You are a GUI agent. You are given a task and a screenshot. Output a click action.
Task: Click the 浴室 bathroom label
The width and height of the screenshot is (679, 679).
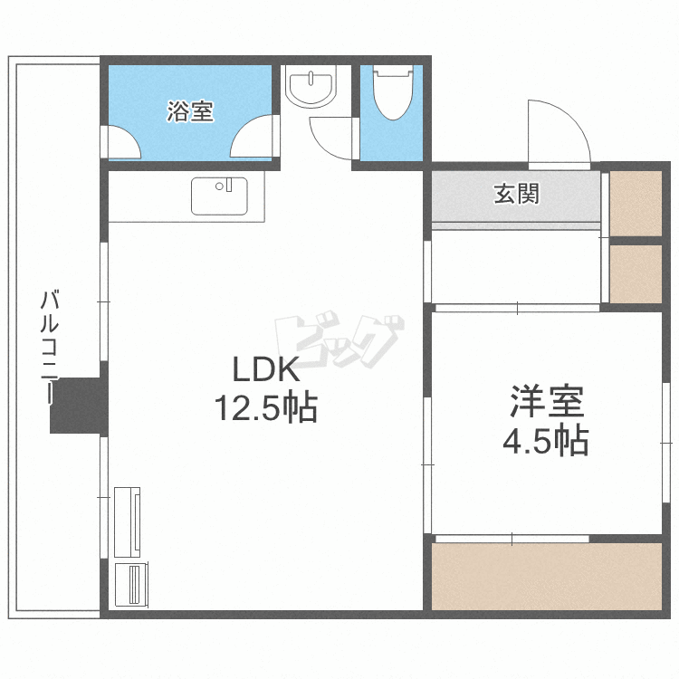point(190,112)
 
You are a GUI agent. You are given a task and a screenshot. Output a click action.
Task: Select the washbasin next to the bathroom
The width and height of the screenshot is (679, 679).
point(311,88)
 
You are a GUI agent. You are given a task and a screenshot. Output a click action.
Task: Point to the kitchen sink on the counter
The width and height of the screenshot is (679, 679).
point(218,196)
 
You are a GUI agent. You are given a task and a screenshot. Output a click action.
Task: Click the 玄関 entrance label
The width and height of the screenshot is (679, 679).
point(516,194)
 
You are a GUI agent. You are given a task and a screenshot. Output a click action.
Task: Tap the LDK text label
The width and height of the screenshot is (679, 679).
point(265,370)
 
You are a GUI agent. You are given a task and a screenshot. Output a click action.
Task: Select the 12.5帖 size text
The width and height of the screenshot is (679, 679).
point(265,409)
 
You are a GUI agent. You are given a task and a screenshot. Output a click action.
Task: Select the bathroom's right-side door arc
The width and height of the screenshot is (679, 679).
point(253,139)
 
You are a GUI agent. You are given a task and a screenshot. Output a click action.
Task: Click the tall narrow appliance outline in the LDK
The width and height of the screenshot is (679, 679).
point(128,521)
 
